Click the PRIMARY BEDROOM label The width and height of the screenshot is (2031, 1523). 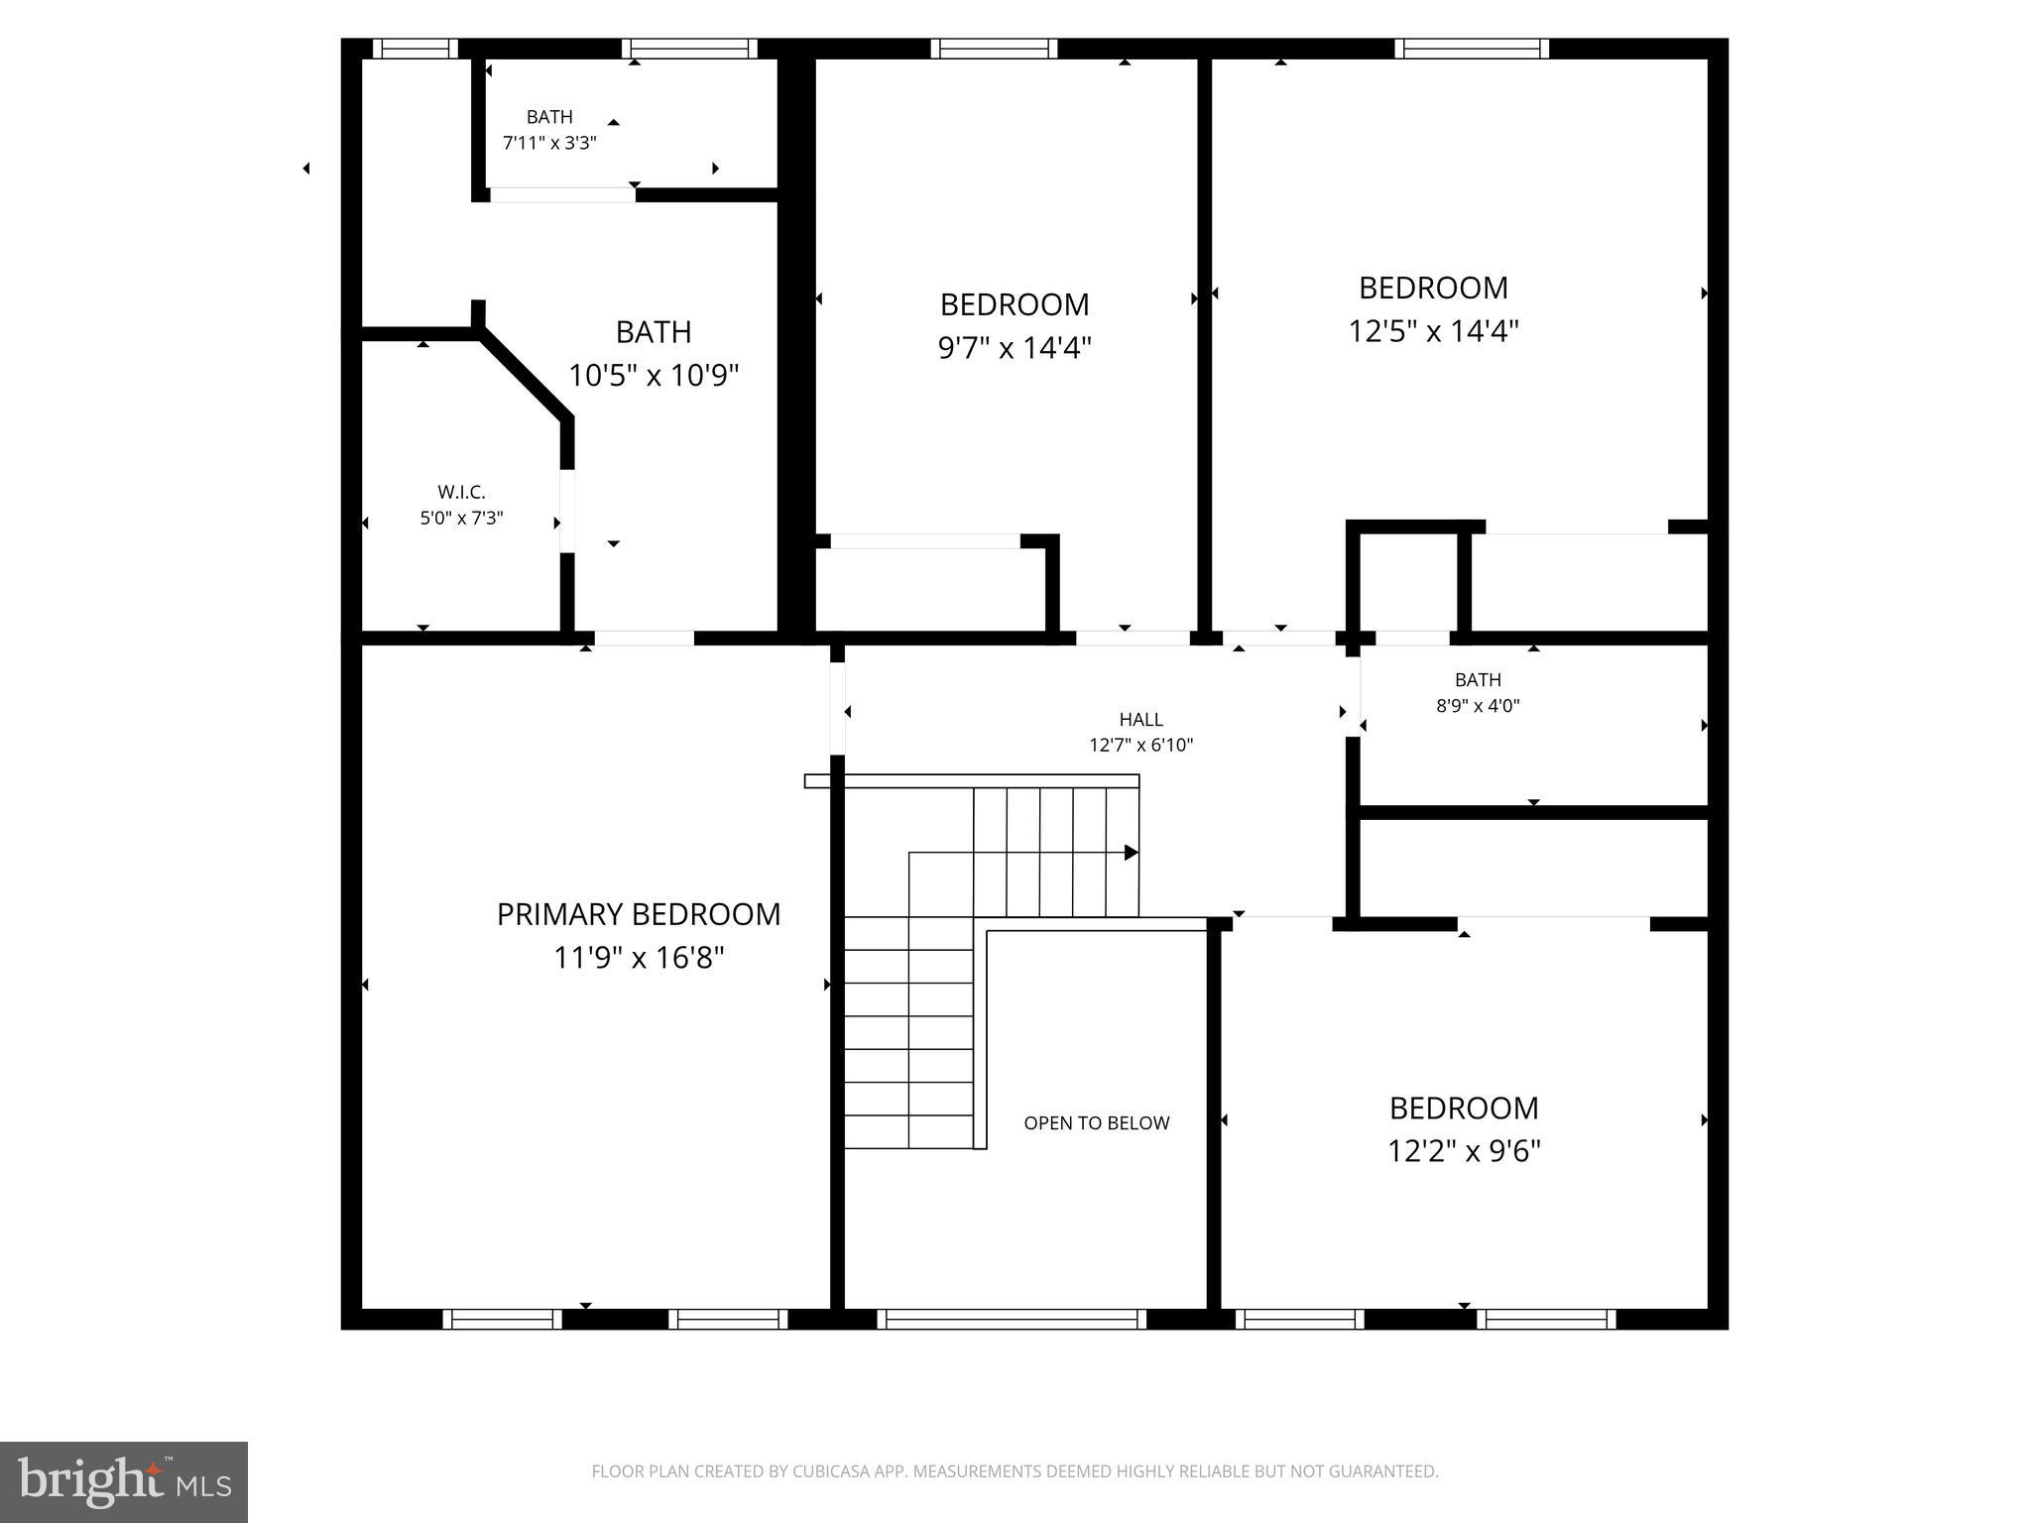[x=638, y=914]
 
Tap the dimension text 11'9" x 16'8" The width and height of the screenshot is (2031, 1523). [x=638, y=958]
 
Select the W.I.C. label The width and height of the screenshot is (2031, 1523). [x=461, y=492]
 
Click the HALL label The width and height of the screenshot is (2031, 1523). [x=1140, y=720]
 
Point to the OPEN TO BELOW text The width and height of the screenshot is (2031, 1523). [x=1096, y=1122]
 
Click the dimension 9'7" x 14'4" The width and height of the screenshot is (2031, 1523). [x=1014, y=348]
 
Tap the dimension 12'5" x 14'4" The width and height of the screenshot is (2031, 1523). [x=1433, y=331]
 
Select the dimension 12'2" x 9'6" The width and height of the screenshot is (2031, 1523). [x=1463, y=1151]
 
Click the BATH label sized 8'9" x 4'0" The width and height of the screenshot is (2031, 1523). [x=1477, y=680]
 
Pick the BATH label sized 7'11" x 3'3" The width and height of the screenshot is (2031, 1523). [x=549, y=117]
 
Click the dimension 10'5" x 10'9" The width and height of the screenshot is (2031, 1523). [x=653, y=376]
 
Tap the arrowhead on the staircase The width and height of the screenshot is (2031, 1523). [x=1131, y=853]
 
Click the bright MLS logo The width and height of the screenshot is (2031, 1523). [x=124, y=1481]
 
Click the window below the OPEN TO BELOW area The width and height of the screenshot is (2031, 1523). [x=1012, y=1319]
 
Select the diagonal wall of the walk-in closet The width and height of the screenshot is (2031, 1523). [x=524, y=376]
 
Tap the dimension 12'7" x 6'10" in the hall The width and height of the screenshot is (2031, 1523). [x=1140, y=746]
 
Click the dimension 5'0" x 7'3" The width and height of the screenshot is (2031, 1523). [x=461, y=518]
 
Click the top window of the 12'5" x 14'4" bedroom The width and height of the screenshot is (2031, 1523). [x=1472, y=49]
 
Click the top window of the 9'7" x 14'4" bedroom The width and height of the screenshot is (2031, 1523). [x=994, y=49]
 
